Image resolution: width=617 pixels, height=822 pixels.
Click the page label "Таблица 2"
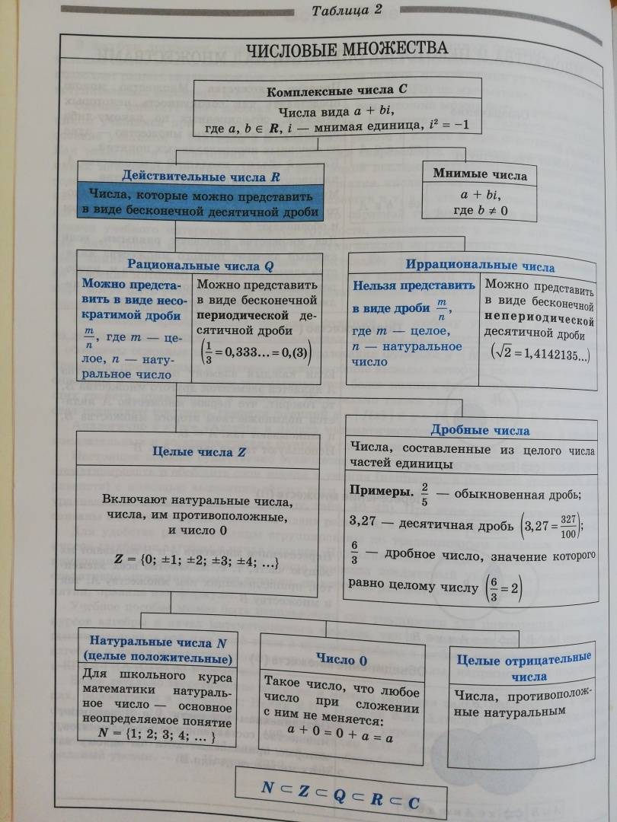coord(347,10)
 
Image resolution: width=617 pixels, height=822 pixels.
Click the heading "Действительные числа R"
coord(201,176)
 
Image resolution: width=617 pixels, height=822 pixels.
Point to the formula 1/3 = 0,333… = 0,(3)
coord(257,355)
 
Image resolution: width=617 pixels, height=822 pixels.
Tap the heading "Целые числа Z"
coord(199,451)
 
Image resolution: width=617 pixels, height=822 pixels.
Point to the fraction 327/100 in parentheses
coord(567,523)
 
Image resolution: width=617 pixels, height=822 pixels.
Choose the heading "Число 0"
coord(342,660)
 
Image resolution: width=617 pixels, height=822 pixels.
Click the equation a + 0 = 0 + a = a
coord(340,737)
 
